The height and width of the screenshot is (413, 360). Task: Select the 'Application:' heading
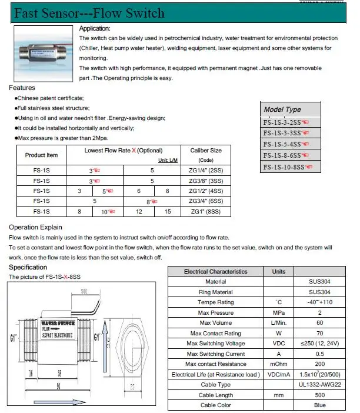point(95,28)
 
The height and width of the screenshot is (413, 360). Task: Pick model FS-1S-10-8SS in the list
point(291,167)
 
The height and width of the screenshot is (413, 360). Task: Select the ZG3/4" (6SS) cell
point(206,201)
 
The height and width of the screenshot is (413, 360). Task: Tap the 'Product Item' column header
point(41,155)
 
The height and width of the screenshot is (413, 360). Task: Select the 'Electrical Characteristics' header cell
point(216,272)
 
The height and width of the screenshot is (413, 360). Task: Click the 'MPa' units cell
point(279,313)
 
